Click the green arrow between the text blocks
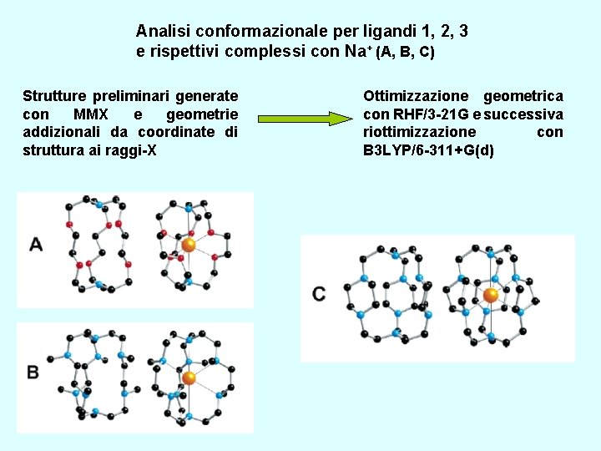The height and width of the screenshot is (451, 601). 304,119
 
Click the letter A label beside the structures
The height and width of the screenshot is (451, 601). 36,245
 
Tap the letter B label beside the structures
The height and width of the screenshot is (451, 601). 33,372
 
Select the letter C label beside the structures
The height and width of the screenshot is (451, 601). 319,294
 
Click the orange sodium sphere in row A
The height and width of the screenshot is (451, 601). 189,245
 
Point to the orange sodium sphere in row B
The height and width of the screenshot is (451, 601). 189,378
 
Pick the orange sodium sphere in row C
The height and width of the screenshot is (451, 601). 491,295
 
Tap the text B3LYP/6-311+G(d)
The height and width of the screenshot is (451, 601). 428,150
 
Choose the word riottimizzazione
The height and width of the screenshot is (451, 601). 420,132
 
